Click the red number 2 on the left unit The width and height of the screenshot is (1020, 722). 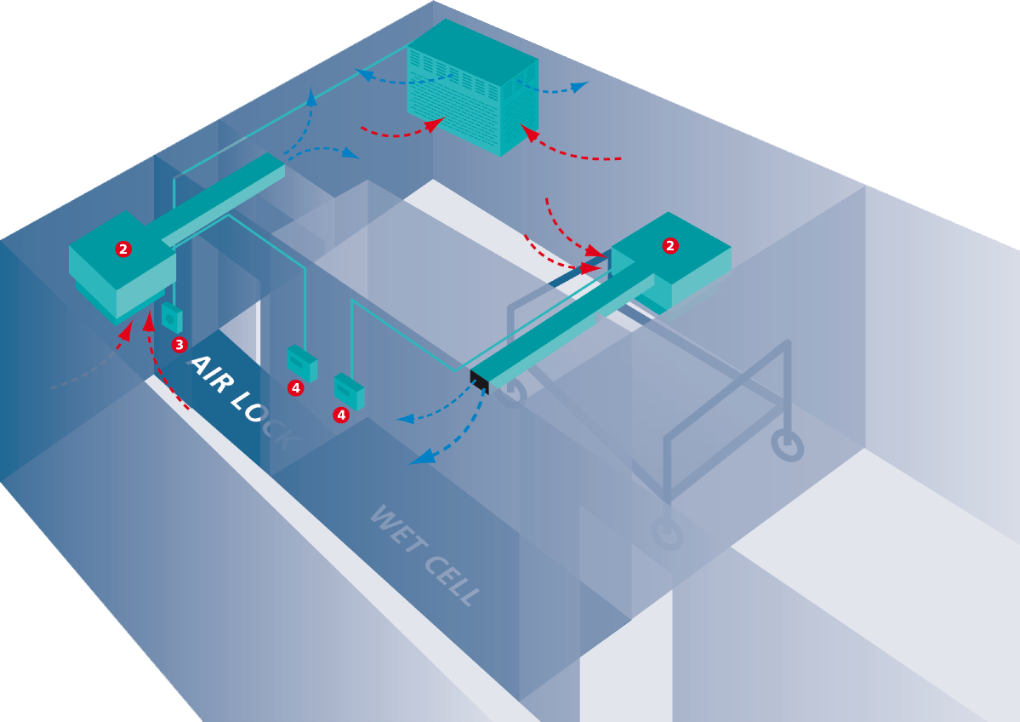point(123,249)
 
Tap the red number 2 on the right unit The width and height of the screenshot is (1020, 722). point(670,246)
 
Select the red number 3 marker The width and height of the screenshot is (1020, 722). point(179,345)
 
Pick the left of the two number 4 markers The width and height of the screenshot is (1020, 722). point(296,388)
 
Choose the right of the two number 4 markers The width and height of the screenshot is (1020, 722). point(341,415)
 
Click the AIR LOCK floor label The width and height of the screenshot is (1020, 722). point(244,400)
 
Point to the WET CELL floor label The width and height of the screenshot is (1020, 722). point(425,555)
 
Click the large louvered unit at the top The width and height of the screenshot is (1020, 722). point(473,87)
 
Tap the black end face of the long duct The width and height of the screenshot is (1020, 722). point(480,381)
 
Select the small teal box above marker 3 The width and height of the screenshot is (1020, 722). point(173,318)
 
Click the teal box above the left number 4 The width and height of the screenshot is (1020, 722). point(303,363)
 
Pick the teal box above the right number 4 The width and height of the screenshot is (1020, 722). point(349,392)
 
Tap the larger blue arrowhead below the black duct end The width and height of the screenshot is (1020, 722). point(421,457)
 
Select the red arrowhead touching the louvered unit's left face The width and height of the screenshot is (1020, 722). point(434,123)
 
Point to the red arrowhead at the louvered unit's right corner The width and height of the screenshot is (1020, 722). point(529,133)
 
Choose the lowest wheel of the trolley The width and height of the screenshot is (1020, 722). point(668,533)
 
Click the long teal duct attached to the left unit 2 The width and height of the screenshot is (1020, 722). point(223,198)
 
